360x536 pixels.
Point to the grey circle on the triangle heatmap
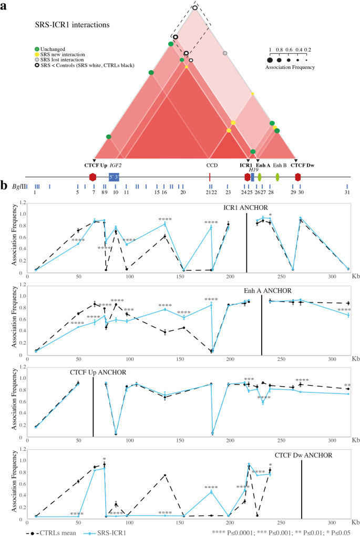pyautogui.click(x=225, y=53)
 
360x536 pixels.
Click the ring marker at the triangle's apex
pyautogui.click(x=195, y=7)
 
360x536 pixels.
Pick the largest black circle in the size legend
pyautogui.click(x=271, y=59)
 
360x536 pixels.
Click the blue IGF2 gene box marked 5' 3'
pyautogui.click(x=114, y=177)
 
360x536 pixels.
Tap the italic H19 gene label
pyautogui.click(x=253, y=170)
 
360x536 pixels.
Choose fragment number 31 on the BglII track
pyautogui.click(x=347, y=193)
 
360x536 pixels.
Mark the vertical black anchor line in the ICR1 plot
pyautogui.click(x=246, y=242)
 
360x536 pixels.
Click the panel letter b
pyautogui.click(x=4, y=186)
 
